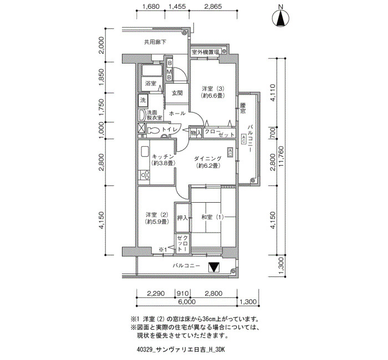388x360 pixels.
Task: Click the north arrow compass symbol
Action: click(280, 18)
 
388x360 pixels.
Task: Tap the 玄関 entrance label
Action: click(177, 93)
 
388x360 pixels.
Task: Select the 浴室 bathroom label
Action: click(151, 83)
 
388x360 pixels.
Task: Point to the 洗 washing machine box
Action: click(143, 100)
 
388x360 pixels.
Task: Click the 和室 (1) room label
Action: click(212, 217)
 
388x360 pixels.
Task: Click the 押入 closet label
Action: click(182, 218)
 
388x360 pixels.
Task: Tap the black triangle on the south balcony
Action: click(213, 268)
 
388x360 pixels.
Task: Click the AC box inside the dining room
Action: click(230, 152)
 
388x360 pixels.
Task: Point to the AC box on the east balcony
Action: click(243, 139)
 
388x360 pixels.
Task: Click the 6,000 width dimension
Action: click(187, 302)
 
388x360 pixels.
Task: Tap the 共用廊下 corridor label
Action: click(155, 42)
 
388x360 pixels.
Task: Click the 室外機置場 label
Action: click(206, 52)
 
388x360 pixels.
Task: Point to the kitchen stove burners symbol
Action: click(144, 175)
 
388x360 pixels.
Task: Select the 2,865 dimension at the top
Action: click(213, 7)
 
